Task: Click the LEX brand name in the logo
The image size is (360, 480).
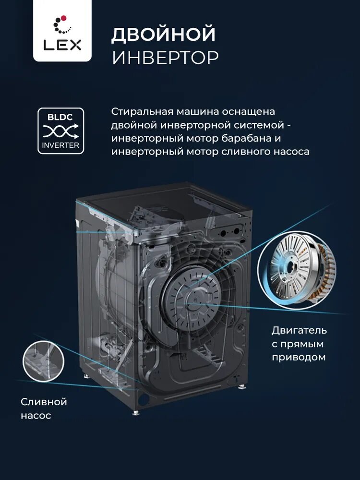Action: point(62,45)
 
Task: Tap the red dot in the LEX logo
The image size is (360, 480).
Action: point(64,18)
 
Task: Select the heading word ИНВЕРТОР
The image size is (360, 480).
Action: point(165,57)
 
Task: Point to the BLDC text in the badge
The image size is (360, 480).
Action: point(60,117)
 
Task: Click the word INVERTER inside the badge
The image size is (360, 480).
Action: point(60,145)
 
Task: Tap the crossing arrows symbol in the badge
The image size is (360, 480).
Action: point(60,132)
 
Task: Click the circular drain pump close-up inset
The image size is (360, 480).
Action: point(44,361)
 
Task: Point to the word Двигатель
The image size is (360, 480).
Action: point(299,330)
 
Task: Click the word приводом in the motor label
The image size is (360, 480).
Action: point(299,357)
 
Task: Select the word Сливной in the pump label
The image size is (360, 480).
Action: point(44,402)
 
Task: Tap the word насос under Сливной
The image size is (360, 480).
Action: point(36,416)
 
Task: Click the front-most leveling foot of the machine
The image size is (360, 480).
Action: point(136,412)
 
